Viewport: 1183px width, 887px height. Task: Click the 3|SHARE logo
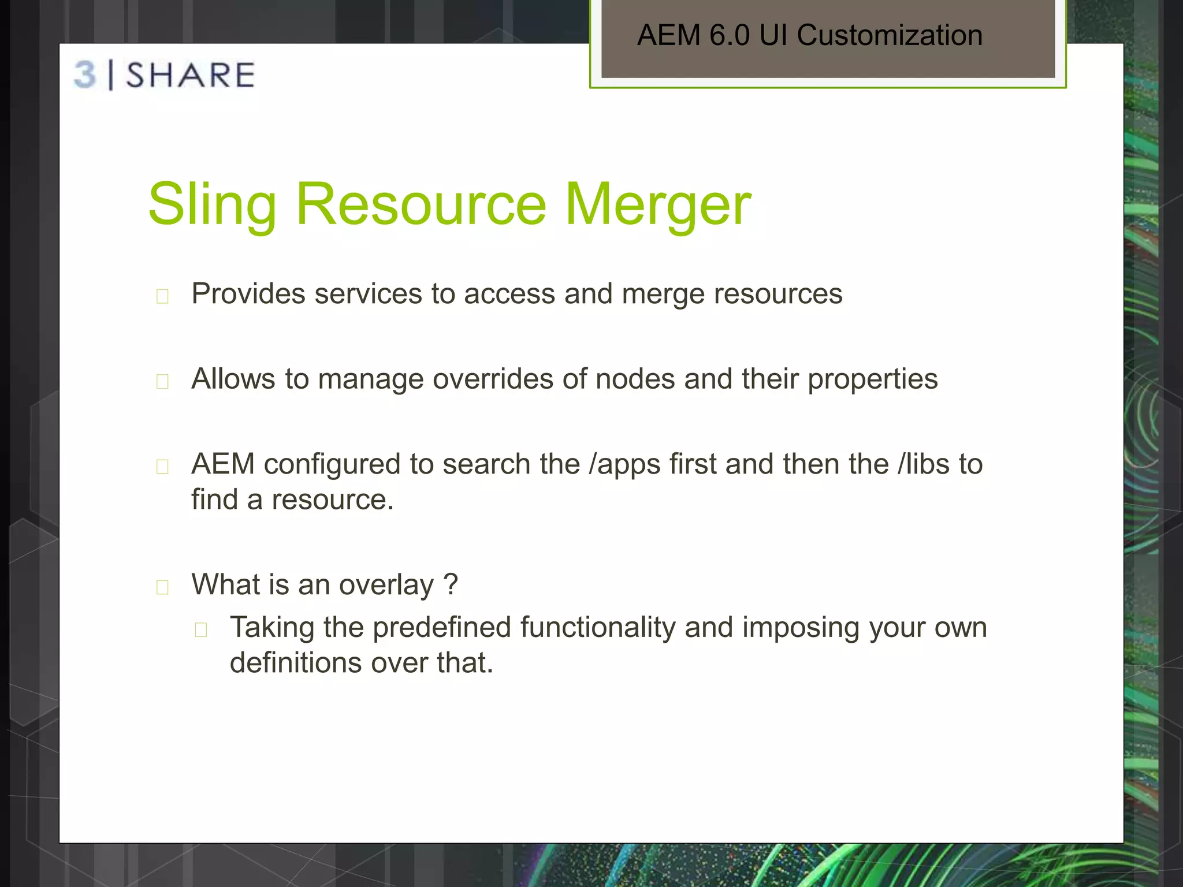coord(165,75)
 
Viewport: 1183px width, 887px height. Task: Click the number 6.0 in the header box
coord(730,35)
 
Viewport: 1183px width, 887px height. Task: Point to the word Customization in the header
coord(890,35)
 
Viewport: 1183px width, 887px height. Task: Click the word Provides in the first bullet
coord(248,294)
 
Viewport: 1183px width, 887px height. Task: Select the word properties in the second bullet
coord(872,379)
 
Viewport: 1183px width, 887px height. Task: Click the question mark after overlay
coord(451,584)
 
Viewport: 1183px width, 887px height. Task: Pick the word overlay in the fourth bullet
coord(386,585)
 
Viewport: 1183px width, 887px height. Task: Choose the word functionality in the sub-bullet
coord(597,628)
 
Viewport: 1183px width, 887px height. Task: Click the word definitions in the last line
coord(296,663)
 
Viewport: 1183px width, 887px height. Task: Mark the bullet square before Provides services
coord(162,296)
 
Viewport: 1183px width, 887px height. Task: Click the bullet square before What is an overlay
coord(162,587)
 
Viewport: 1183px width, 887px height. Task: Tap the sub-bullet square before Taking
coord(201,630)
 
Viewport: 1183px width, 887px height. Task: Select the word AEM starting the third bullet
coord(223,464)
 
